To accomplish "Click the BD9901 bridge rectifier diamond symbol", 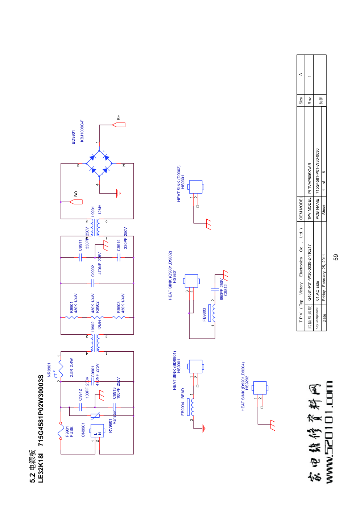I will pyautogui.click(x=99, y=164).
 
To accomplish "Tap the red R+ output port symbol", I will pyautogui.click(x=119, y=125).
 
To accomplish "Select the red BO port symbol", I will pyautogui.click(x=76, y=202).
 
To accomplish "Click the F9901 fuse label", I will pyautogui.click(x=69, y=431).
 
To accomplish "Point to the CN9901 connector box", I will pyautogui.click(x=97, y=431).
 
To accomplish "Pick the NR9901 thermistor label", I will pyautogui.click(x=49, y=370).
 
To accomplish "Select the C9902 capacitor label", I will pyautogui.click(x=93, y=270).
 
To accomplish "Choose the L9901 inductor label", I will pyautogui.click(x=93, y=211).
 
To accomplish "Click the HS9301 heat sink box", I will pyautogui.click(x=196, y=187).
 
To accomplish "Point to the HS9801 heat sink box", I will pyautogui.click(x=191, y=281).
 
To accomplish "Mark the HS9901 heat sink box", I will pyautogui.click(x=195, y=367).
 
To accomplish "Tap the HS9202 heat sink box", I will pyautogui.click(x=260, y=388).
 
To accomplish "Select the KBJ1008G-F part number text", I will pyautogui.click(x=82, y=131).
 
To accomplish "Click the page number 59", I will pyautogui.click(x=336, y=257).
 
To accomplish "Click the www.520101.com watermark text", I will pyautogui.click(x=329, y=432).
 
